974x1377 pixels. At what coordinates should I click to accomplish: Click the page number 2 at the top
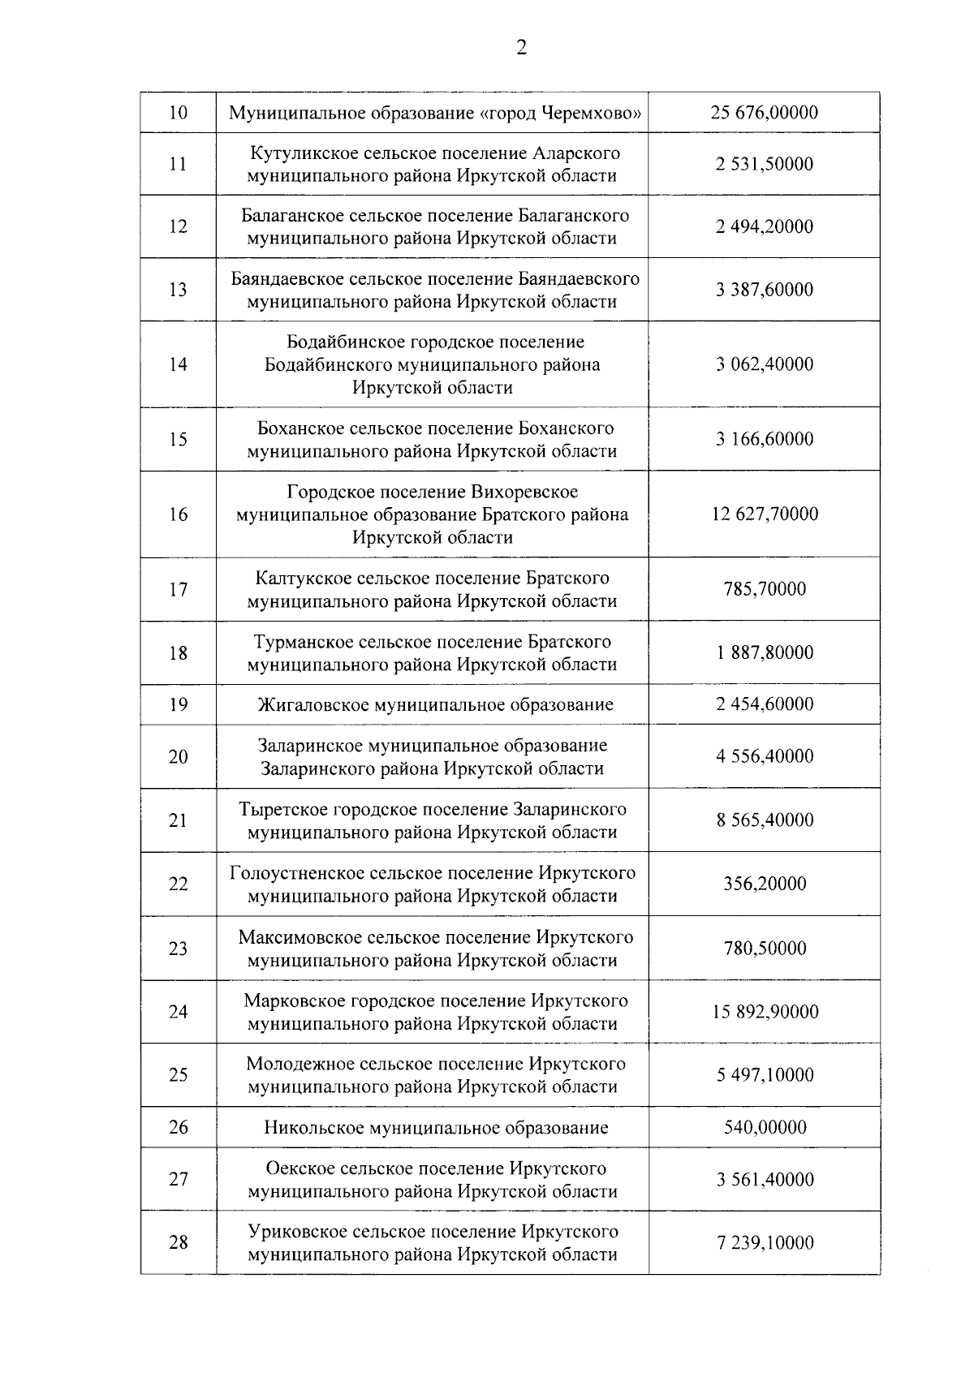tap(521, 49)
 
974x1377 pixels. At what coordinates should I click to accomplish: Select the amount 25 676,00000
tap(765, 112)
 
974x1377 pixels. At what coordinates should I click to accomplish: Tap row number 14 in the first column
tap(178, 364)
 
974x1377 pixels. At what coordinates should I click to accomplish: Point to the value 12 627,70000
tap(765, 514)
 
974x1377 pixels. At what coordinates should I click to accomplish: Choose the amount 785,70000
tap(765, 589)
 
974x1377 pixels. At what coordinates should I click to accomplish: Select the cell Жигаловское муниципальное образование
tap(435, 704)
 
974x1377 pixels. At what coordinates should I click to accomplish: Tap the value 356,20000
tap(765, 884)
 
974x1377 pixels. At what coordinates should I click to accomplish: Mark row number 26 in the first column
tap(178, 1127)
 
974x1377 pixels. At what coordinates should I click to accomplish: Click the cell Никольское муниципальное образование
tap(435, 1127)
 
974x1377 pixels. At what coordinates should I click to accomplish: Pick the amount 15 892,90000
tap(765, 1012)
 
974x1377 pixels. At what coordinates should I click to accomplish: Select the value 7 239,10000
tap(765, 1243)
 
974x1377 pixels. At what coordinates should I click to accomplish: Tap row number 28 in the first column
tap(178, 1243)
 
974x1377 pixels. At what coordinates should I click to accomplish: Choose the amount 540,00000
tap(765, 1127)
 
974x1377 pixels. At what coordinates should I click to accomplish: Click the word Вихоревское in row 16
tap(524, 492)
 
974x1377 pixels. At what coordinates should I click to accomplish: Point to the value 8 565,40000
tap(765, 820)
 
